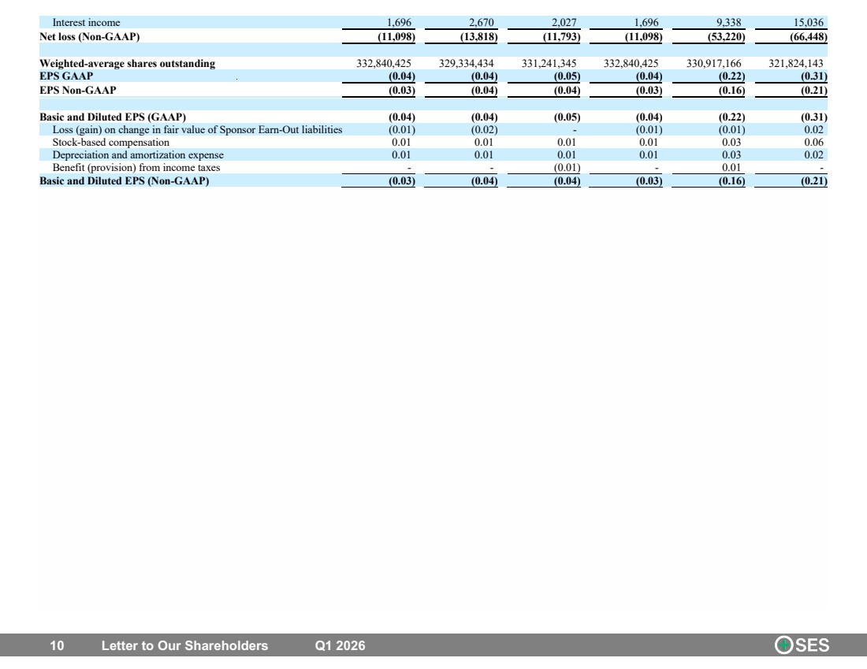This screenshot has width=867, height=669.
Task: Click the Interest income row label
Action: (86, 23)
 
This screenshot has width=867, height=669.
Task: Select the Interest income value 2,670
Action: (481, 23)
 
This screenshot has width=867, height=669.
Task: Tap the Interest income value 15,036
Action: (809, 23)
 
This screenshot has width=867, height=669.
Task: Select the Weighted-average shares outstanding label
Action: (127, 64)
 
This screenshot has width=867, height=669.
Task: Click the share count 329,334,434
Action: (466, 64)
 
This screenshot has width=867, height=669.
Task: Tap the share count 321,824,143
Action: (796, 64)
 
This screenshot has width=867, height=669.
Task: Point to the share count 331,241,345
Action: (549, 64)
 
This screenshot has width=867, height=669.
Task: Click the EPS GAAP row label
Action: (66, 76)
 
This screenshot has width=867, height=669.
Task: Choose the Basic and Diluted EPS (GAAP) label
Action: (113, 117)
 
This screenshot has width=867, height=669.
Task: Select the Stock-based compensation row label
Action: (111, 143)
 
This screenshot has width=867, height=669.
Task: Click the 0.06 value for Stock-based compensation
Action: (814, 143)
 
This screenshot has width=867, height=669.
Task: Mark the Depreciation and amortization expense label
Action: (138, 155)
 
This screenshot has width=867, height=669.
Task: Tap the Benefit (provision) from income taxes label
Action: (136, 168)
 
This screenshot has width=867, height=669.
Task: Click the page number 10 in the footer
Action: (57, 646)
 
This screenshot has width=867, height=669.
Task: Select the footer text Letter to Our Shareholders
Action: (184, 646)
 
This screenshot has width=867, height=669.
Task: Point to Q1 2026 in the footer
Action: (340, 646)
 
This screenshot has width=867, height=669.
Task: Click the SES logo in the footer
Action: (802, 645)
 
